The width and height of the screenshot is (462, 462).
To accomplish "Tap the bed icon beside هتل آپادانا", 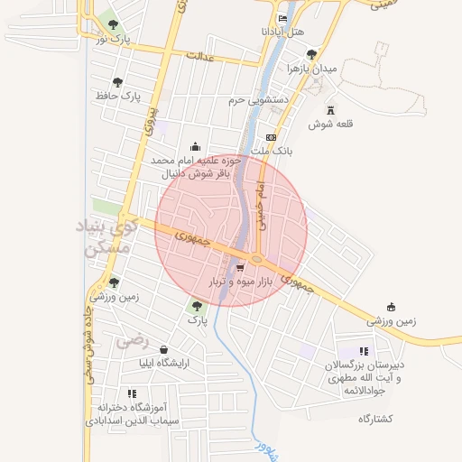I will [282, 18].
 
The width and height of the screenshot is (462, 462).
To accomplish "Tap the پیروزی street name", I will [151, 120].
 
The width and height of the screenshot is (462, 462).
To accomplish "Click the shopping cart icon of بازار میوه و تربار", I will [239, 268].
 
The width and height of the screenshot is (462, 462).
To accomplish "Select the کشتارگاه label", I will [376, 419].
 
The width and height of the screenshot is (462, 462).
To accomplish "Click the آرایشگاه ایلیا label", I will [164, 363].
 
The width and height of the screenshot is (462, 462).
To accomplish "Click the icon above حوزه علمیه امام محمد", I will [196, 147].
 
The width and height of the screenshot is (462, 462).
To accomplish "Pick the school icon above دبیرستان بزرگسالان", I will [364, 351].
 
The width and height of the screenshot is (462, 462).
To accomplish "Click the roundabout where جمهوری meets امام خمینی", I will [257, 260].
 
